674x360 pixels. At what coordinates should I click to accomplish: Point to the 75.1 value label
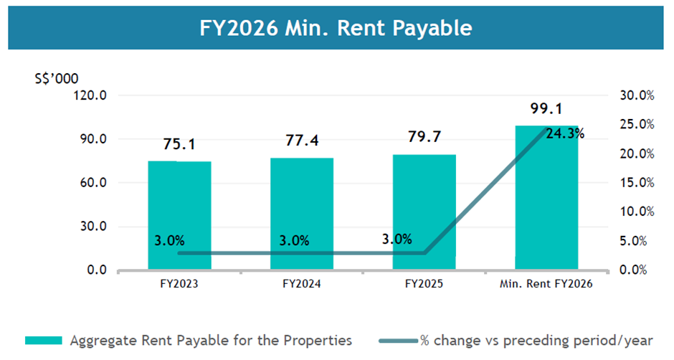tap(179, 144)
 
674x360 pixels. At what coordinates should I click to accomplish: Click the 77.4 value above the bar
tap(301, 141)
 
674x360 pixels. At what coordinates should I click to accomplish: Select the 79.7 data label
tap(424, 137)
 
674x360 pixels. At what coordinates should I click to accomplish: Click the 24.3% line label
tap(565, 133)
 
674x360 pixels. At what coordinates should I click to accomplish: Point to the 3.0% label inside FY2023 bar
tap(170, 240)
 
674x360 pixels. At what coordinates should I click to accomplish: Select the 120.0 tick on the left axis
tap(92, 95)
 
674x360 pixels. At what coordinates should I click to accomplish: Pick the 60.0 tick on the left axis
tap(94, 183)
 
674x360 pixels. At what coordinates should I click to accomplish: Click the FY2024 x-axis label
tap(301, 284)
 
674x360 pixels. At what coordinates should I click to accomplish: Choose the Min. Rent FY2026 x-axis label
tap(546, 284)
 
